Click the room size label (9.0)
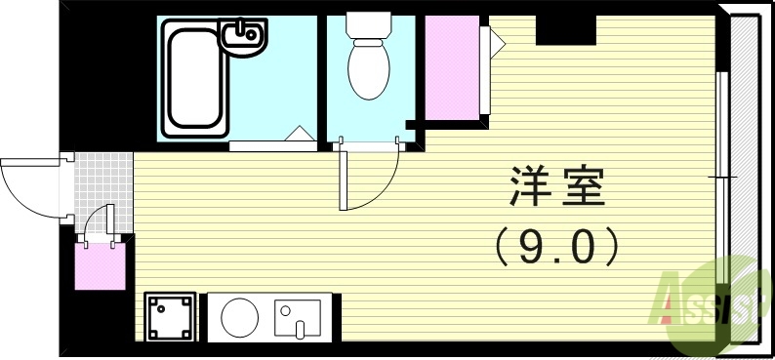pyautogui.click(x=557, y=245)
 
